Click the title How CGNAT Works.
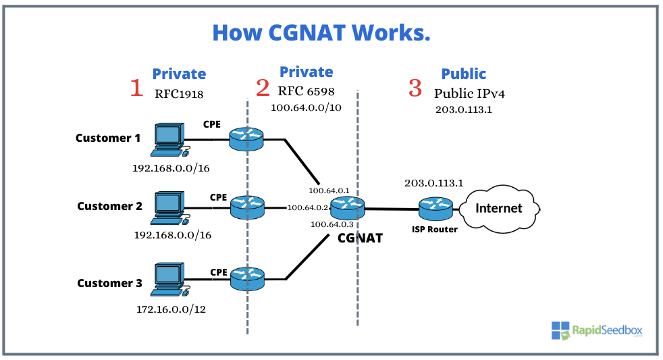pos(321,32)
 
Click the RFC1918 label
pos(179,94)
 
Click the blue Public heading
pos(463,74)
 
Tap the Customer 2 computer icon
pos(168,207)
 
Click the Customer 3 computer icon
pos(168,278)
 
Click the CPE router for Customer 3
pos(247,278)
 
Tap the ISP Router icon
pos(435,208)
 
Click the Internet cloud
pos(499,208)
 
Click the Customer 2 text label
pos(109,206)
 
